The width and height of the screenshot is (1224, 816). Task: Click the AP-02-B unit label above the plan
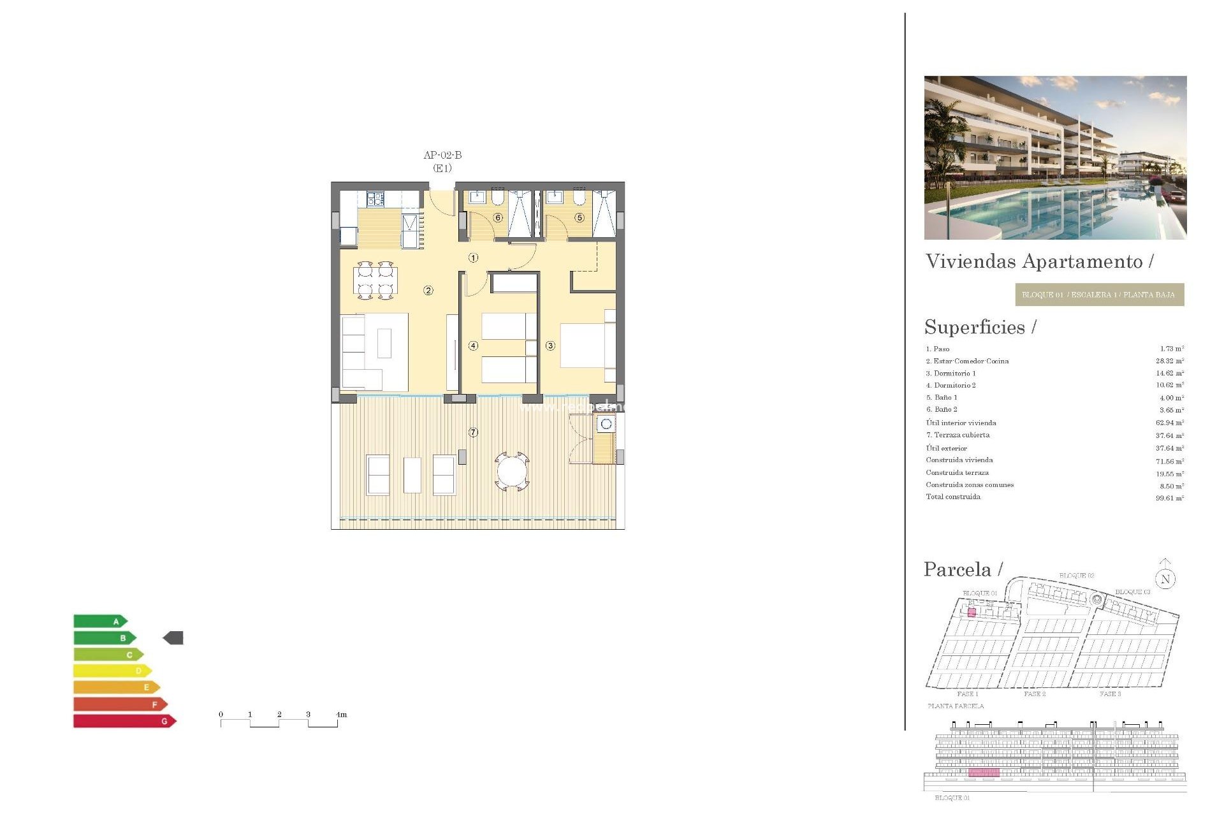pyautogui.click(x=442, y=155)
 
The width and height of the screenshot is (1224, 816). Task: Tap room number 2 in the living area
pyautogui.click(x=428, y=291)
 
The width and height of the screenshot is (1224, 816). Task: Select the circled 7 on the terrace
pyautogui.click(x=473, y=432)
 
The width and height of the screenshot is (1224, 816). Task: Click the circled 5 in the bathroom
pyautogui.click(x=579, y=217)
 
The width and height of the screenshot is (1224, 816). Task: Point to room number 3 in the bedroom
pyautogui.click(x=550, y=346)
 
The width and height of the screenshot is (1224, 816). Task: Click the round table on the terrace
pyautogui.click(x=512, y=472)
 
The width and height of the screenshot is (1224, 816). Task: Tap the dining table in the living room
pyautogui.click(x=375, y=280)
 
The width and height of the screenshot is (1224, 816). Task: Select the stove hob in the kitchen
pyautogui.click(x=375, y=200)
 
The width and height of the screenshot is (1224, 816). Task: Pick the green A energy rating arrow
pyautogui.click(x=101, y=621)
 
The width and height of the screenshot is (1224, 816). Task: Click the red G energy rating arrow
pyautogui.click(x=124, y=721)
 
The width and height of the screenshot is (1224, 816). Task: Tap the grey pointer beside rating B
pyautogui.click(x=173, y=637)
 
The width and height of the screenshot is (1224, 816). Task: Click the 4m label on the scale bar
pyautogui.click(x=342, y=715)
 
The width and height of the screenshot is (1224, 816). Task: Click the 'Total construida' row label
pyautogui.click(x=953, y=497)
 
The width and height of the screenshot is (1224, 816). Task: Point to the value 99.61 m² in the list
pyautogui.click(x=1170, y=498)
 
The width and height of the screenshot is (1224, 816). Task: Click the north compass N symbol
pyautogui.click(x=1165, y=579)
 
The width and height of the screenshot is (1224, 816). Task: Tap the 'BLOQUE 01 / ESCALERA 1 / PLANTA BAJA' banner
pyautogui.click(x=1099, y=295)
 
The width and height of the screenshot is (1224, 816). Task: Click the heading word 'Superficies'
pyautogui.click(x=975, y=327)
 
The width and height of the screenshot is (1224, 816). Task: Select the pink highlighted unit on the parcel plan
pyautogui.click(x=972, y=613)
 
